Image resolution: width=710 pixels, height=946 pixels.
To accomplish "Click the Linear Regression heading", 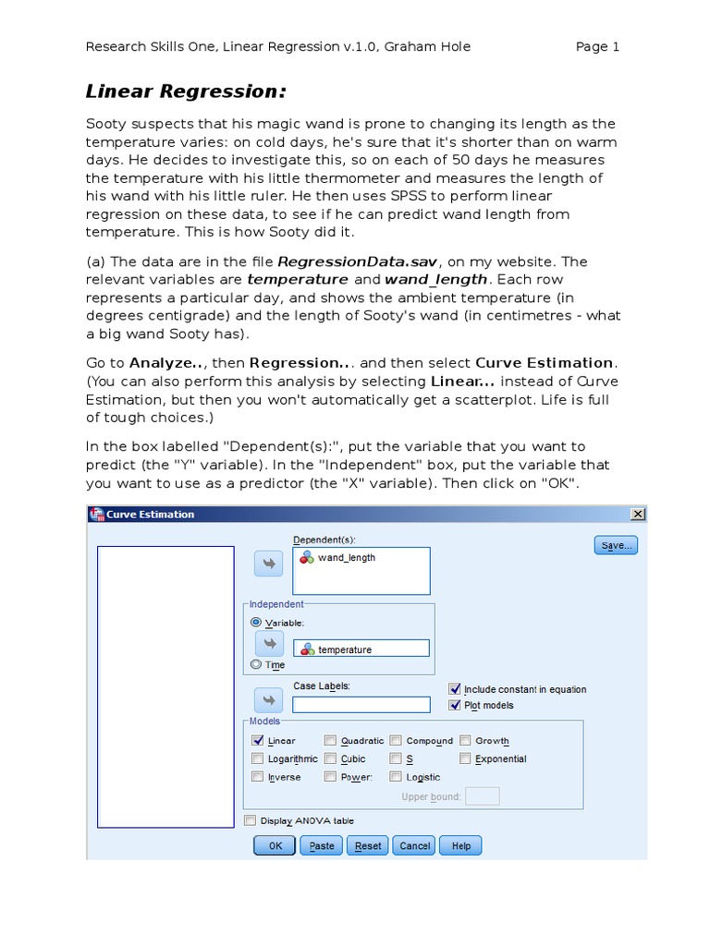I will coord(186,91).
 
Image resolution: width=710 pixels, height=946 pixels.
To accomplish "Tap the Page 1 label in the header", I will coord(597,47).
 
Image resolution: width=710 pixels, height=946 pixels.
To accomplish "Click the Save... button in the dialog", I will coord(615,546).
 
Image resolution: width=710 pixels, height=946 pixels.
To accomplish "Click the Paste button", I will coord(322,845).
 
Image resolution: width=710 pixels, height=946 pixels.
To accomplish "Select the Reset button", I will coord(368,845).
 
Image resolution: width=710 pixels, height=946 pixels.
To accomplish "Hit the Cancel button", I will coord(414,845).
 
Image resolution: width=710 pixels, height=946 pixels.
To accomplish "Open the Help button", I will coord(460,845).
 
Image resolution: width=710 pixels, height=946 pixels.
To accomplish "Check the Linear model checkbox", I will coord(258,740).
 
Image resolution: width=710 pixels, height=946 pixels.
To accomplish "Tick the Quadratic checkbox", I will coord(330,740).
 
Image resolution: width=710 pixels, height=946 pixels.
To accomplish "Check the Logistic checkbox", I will coord(396,777).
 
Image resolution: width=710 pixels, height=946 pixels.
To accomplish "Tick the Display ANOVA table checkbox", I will coord(250,820).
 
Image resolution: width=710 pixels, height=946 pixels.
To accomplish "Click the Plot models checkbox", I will coord(454,705).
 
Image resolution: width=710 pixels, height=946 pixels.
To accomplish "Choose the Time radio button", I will coord(256,663).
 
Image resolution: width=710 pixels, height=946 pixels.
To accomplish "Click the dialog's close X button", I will coord(637,515).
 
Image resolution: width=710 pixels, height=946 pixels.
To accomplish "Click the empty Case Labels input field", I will coord(361,705).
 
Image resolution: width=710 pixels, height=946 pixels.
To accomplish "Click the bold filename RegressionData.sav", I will coord(343,261).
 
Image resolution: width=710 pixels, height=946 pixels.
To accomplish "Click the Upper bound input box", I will coord(482,796).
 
